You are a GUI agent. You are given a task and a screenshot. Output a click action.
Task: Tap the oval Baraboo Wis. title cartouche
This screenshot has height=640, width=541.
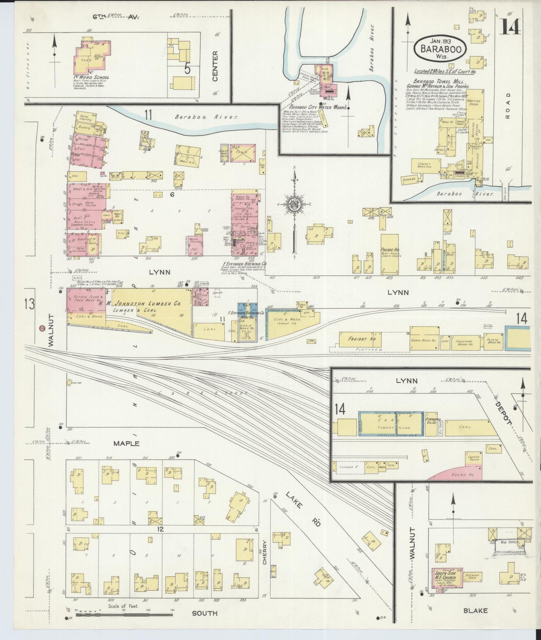440,49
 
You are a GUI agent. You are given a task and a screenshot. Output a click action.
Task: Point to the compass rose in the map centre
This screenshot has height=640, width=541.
295,204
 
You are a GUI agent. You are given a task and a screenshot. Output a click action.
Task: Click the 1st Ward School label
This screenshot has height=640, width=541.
91,78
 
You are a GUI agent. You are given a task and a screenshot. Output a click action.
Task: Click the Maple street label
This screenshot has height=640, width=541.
127,444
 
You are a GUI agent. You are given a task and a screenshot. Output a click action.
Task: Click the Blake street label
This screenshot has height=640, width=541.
475,610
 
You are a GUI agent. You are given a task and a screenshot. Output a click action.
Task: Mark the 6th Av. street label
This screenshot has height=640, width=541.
115,17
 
